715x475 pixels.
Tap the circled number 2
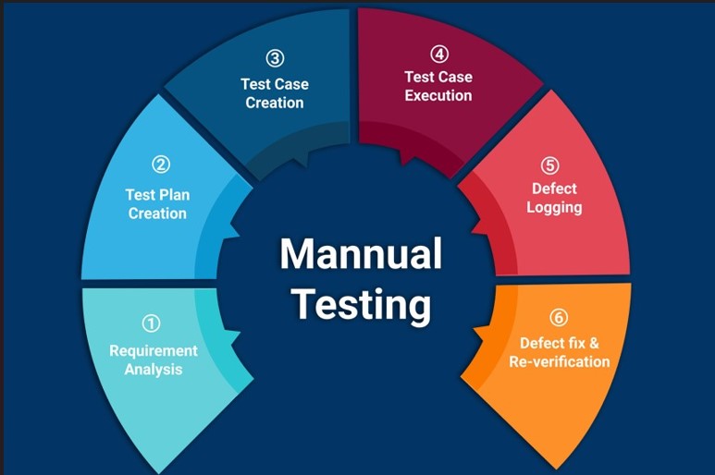(161, 164)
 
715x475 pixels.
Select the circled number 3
(275, 58)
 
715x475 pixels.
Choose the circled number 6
(558, 318)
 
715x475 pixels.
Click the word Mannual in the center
(361, 252)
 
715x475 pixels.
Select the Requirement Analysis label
(154, 359)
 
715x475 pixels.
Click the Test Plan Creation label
(157, 204)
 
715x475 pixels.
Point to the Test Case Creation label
(275, 93)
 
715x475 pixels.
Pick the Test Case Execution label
(438, 86)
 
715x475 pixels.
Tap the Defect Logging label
(554, 198)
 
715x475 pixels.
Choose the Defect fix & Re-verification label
(560, 352)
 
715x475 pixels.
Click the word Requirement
(154, 350)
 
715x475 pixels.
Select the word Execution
(438, 95)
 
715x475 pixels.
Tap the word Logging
(554, 207)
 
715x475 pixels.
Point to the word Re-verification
(560, 361)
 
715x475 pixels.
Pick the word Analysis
(154, 370)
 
